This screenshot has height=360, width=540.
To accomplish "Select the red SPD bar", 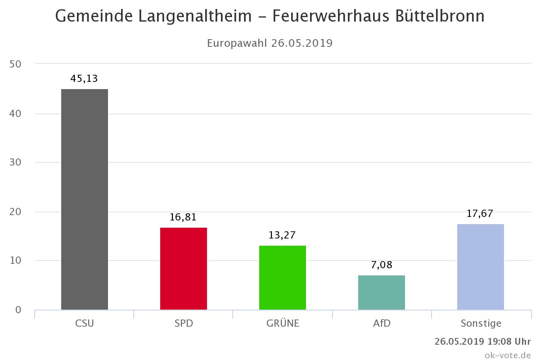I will tap(184, 269).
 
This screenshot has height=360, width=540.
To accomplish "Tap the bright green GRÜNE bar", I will tap(283, 278).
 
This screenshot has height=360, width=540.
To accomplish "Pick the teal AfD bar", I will tap(382, 292).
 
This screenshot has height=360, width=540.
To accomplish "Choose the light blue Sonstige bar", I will tap(481, 267).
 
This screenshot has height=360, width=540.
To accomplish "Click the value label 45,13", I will tap(84, 79).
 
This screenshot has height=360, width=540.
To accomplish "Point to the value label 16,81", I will tap(183, 217).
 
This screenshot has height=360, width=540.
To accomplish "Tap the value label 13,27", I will tap(282, 235).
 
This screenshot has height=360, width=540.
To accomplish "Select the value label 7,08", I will tap(382, 265).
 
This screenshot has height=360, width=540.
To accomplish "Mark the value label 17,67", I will tap(480, 214).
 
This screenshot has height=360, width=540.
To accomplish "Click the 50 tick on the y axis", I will tap(15, 64).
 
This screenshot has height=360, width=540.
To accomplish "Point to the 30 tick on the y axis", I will tap(15, 162).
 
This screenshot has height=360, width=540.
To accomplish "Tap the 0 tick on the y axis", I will tap(18, 310).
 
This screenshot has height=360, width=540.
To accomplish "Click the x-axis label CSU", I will tap(85, 324).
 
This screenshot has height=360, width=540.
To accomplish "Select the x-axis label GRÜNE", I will tap(283, 324).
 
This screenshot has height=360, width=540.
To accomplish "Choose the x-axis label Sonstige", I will tap(481, 324).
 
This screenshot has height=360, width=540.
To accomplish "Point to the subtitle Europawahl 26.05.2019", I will tap(270, 43).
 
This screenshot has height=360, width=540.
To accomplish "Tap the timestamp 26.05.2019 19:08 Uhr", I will tap(483, 341).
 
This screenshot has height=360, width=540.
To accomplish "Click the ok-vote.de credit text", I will tap(508, 355).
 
